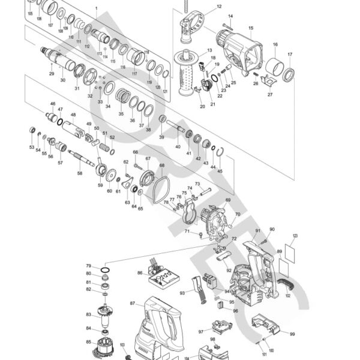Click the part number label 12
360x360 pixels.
click(202, 7)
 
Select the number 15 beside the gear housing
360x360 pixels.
click(250, 28)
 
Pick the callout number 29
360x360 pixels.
click(52, 74)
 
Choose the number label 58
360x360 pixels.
click(79, 173)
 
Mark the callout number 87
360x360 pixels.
click(132, 304)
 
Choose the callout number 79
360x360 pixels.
click(88, 266)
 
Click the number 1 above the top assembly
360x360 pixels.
click(95, 7)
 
